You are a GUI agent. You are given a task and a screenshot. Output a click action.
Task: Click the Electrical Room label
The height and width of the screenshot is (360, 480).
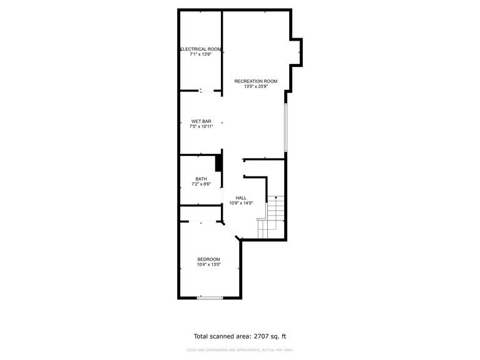(201, 49)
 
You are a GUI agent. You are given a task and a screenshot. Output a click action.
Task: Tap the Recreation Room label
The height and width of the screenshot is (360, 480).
(255, 81)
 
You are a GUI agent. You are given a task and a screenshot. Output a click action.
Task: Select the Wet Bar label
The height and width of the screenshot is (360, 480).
(201, 121)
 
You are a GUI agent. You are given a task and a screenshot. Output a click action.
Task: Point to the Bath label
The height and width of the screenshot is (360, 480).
(201, 178)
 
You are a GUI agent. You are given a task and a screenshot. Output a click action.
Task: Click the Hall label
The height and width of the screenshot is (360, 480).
(241, 198)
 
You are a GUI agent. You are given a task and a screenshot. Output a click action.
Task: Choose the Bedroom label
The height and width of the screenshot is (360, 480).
(208, 259)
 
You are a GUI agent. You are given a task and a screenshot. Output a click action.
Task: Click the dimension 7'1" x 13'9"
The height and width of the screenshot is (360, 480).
(201, 54)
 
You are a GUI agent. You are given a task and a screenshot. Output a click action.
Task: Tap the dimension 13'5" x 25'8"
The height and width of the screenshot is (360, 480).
(255, 86)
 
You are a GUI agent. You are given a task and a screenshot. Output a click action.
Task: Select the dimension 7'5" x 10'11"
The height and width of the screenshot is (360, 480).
(201, 126)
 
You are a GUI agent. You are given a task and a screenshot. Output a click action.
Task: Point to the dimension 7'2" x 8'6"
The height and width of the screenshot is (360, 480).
(201, 184)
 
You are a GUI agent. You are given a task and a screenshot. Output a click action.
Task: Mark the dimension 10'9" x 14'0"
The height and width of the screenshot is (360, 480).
(241, 203)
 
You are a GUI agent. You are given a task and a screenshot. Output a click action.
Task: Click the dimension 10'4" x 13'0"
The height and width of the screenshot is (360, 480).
(208, 264)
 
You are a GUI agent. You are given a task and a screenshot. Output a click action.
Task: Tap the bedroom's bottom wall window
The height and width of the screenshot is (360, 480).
(210, 297)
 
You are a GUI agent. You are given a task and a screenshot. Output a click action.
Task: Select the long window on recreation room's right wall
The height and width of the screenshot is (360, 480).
(285, 128)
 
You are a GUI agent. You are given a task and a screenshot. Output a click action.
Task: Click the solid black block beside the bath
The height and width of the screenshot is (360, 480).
(219, 162)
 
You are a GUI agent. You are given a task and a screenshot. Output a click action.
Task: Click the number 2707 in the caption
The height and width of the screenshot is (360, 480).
(263, 336)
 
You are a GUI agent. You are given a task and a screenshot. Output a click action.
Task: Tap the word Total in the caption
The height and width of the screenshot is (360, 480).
(202, 336)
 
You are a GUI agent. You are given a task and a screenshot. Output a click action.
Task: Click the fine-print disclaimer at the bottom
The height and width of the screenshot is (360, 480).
(240, 350)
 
